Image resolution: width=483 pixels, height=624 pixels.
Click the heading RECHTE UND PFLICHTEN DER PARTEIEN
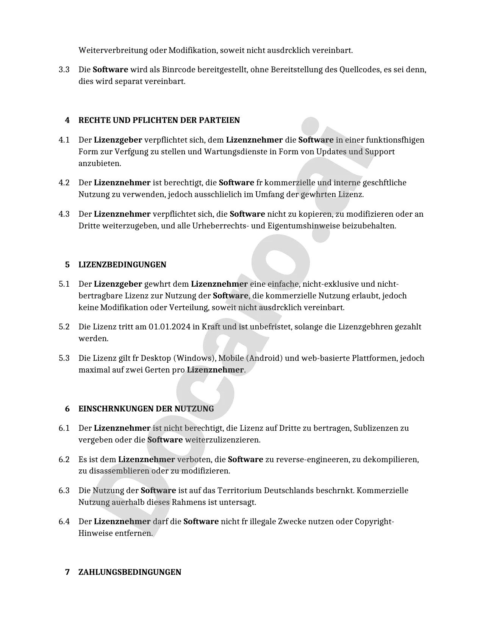click(159, 120)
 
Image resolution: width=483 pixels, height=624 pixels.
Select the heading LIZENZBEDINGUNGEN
click(122, 265)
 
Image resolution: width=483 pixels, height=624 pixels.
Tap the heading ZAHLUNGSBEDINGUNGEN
click(130, 572)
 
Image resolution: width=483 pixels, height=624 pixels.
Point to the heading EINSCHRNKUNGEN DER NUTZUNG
click(146, 409)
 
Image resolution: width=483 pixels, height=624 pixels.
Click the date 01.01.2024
click(169, 327)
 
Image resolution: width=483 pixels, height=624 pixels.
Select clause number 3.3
click(64, 70)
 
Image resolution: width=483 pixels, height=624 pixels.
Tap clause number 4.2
click(64, 183)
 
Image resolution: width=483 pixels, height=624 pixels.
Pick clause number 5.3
click(64, 358)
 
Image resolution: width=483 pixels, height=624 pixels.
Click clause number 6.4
click(64, 522)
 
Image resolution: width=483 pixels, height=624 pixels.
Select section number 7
click(67, 572)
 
